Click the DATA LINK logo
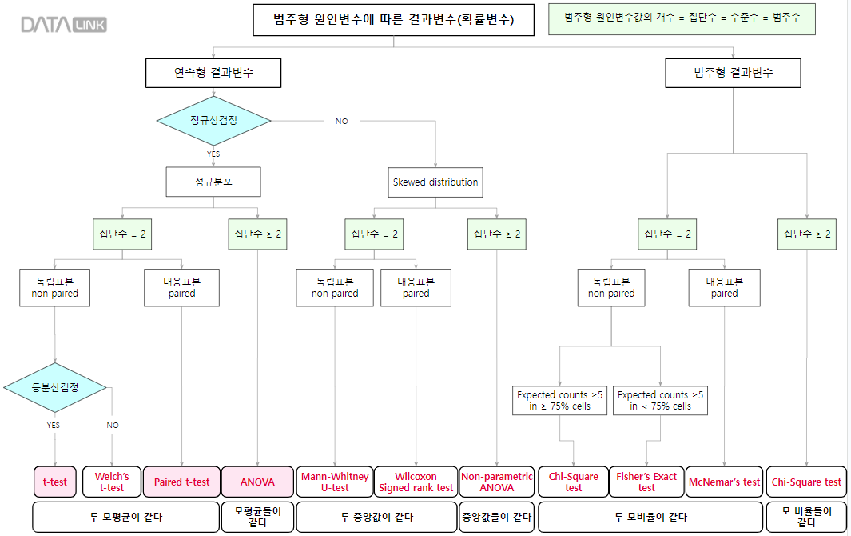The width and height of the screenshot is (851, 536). point(63,25)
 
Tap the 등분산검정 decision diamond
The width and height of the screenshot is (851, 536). point(55,388)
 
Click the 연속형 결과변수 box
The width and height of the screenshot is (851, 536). point(213,73)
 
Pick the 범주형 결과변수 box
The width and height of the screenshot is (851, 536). point(733,73)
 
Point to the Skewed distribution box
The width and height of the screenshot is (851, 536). point(435,182)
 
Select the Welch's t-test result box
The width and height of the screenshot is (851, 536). point(112,482)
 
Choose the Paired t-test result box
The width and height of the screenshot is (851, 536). point(181,482)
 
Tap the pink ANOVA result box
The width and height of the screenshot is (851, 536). point(257,482)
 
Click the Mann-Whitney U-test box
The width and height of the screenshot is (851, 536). point(335,482)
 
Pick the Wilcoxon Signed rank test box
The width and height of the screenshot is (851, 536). point(416,482)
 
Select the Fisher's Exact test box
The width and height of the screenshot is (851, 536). point(646,482)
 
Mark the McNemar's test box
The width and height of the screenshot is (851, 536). point(724,482)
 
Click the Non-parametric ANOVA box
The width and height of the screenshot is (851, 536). point(497,482)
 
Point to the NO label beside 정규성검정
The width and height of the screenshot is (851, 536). point(341,122)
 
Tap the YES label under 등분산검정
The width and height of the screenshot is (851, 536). point(53,425)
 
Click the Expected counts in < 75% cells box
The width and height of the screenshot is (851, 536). point(661,400)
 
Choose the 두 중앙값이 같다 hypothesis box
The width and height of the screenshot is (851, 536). point(375,517)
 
